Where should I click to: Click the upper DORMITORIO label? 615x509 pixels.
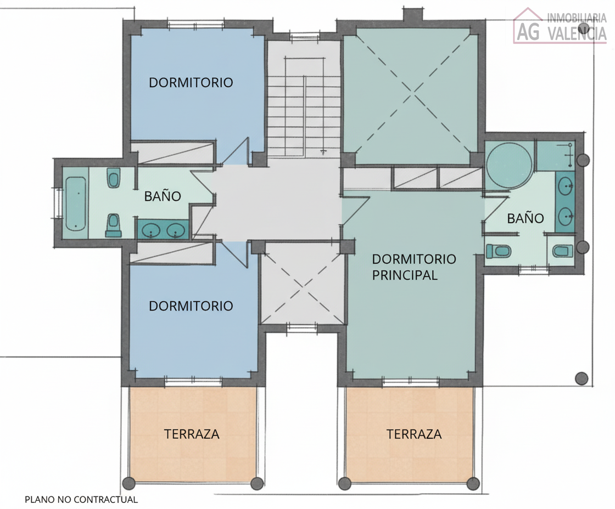pos(191,83)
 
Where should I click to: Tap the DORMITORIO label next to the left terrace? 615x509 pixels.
pos(191,306)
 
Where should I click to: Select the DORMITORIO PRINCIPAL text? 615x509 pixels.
pos(413,267)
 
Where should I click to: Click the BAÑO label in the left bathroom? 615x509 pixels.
pos(163,196)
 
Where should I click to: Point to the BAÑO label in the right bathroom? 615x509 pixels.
pos(525,218)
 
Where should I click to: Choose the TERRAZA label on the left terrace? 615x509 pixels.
pos(192,434)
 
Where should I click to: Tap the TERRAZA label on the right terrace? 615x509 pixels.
pos(414,434)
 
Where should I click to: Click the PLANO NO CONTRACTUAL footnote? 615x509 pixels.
pos(81,499)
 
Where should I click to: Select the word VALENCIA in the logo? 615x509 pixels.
pos(577,33)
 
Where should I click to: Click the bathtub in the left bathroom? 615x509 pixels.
pos(76,203)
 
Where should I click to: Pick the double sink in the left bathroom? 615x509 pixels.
pos(162,230)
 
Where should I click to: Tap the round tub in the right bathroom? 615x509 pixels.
pos(510,165)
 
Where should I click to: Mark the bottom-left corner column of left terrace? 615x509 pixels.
pos(128,483)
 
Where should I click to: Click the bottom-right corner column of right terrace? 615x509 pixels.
pos(473,483)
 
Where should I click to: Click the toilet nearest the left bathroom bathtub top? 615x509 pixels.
pos(114,178)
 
